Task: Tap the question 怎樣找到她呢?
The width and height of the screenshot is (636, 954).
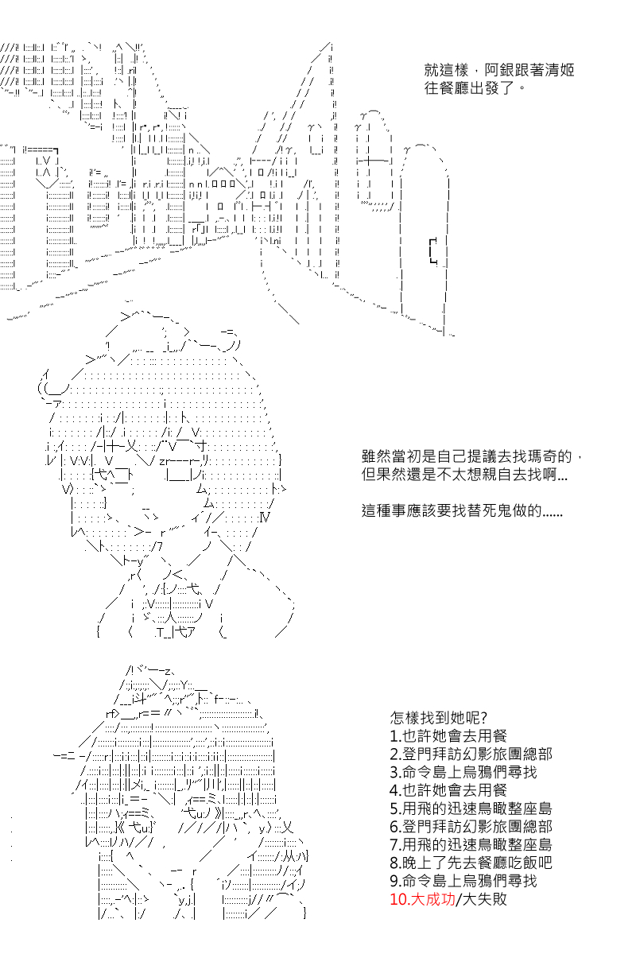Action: tap(439, 719)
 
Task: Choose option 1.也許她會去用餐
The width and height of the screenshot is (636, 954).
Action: tap(448, 737)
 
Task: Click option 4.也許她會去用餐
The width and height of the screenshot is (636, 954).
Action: tap(448, 791)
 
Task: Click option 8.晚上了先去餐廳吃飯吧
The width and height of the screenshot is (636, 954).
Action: tap(471, 863)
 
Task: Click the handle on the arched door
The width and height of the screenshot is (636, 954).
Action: tap(432, 250)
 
